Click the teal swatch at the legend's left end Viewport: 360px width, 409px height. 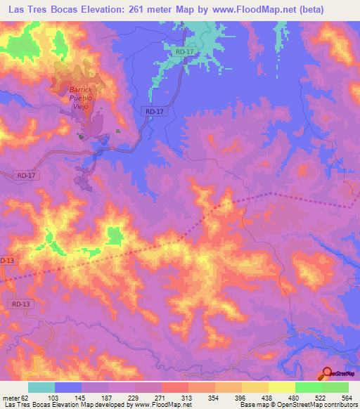click(41, 387)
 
